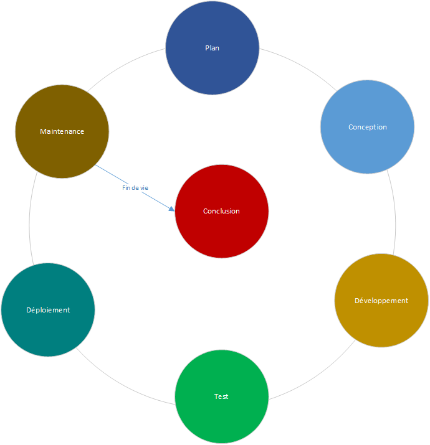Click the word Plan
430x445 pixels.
coord(212,48)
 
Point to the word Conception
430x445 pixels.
coord(367,127)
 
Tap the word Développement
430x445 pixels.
coord(381,301)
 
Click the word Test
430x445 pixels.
coord(221,396)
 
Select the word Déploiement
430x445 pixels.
coord(48,310)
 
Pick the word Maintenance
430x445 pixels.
coord(62,132)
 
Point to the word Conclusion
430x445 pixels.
coord(221,211)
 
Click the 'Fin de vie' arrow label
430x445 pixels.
coord(135,187)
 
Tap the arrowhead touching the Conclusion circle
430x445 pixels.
coord(172,208)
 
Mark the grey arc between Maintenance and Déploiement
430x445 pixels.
coord(29,221)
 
